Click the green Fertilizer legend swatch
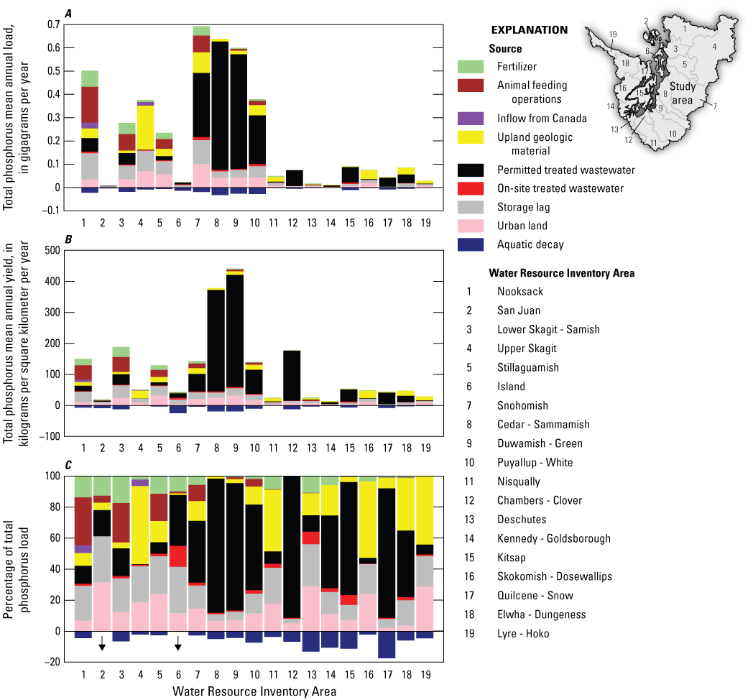471,67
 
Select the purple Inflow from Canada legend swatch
471,118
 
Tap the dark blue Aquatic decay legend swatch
471,244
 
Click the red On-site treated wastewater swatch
471,188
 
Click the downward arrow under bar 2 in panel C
102,643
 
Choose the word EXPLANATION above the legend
529,30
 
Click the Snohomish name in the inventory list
522,405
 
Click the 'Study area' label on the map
683,93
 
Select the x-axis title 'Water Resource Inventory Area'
254,691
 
